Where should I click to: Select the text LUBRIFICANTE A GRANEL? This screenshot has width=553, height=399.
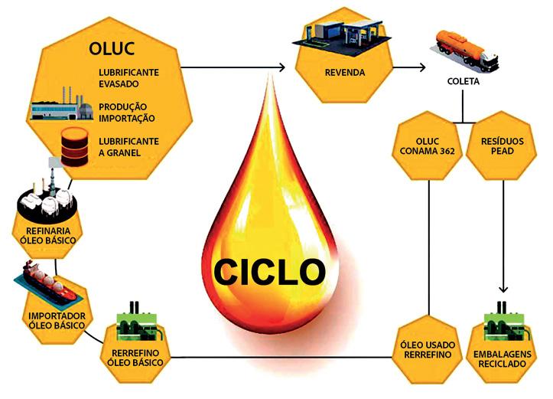pos(128,148)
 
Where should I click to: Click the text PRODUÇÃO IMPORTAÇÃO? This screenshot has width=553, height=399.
pos(127,113)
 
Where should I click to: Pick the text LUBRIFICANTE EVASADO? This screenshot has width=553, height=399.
pos(128,77)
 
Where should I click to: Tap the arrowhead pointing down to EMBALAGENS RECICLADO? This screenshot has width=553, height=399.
pos(503,289)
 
